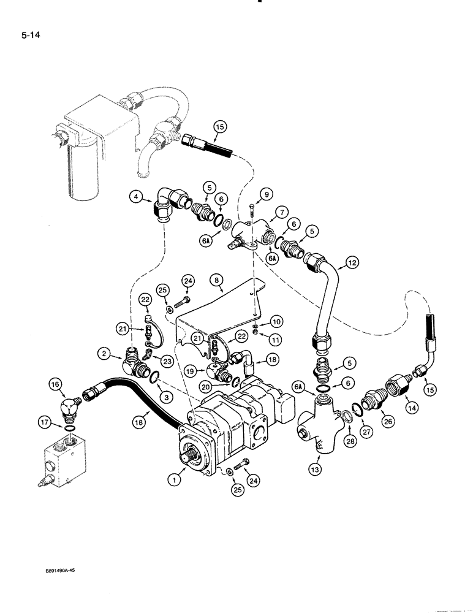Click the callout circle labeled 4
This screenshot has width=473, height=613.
coord(137,197)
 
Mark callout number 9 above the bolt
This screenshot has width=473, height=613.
coord(265,195)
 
